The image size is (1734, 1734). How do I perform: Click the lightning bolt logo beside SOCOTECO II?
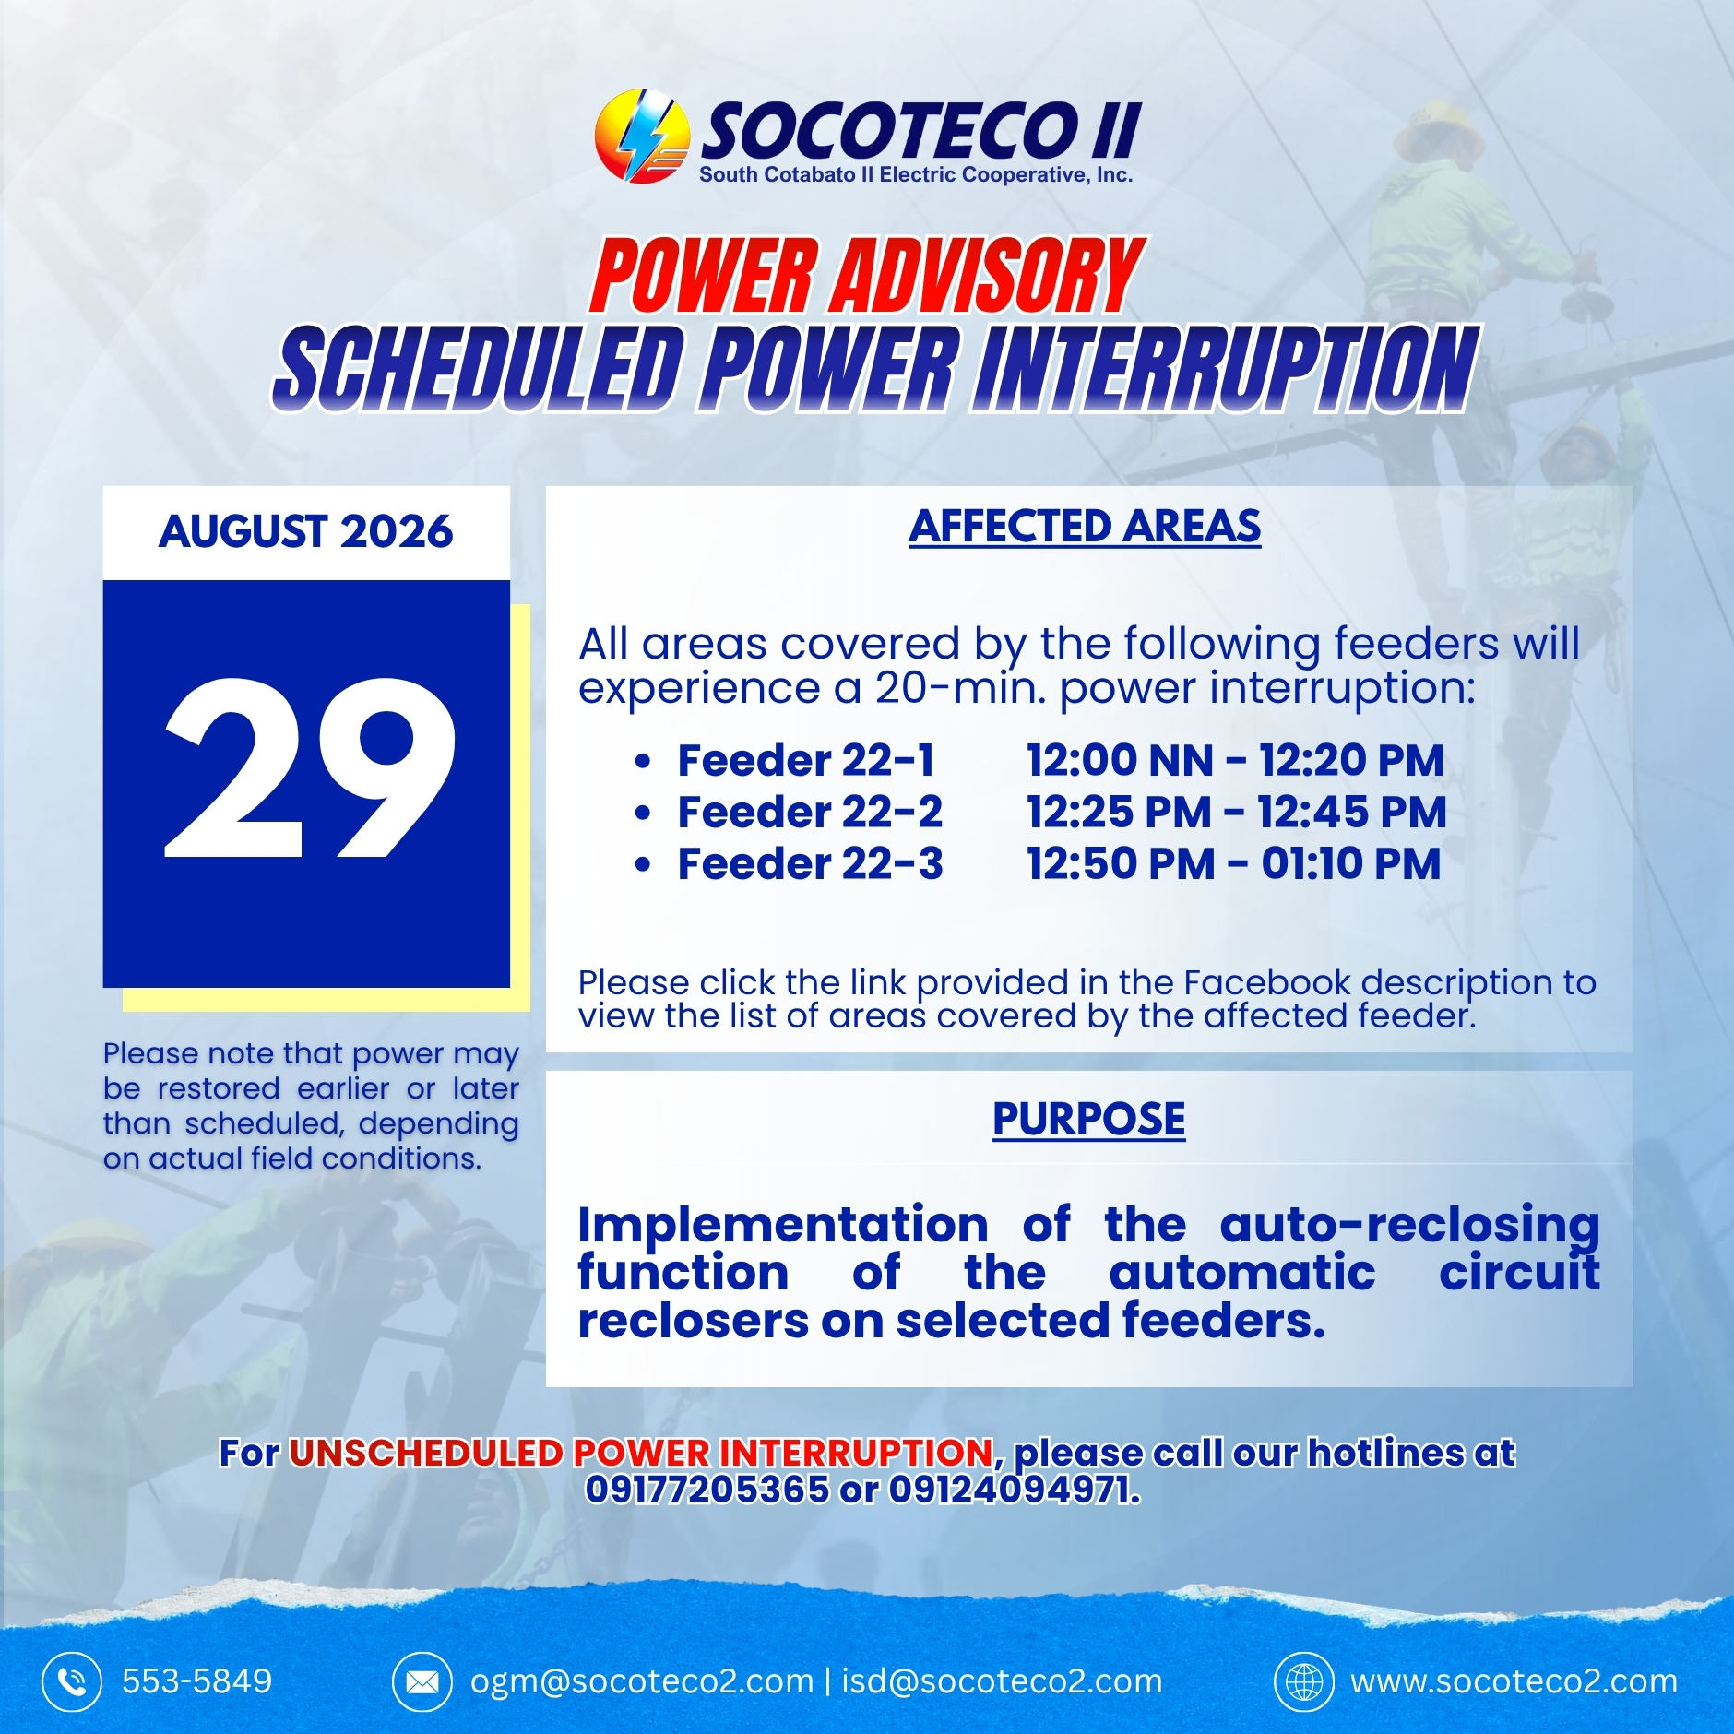coord(642,136)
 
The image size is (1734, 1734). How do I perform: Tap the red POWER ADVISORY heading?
coord(867,276)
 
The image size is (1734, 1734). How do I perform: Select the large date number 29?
coord(310,767)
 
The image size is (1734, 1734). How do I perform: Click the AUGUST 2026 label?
coord(306,531)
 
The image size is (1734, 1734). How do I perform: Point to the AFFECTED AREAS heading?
coord(1085,527)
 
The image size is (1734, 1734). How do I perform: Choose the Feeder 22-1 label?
coord(806,761)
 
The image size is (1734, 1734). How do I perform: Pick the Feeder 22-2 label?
coord(810,813)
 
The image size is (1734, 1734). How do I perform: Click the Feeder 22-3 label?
coord(810,864)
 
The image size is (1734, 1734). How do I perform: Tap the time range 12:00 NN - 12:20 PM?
coord(1236,761)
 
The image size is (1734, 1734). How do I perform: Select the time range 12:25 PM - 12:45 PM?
coord(1237,813)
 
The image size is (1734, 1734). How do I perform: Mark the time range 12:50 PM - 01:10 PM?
coord(1234,864)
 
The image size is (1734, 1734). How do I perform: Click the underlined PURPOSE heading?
coord(1089,1119)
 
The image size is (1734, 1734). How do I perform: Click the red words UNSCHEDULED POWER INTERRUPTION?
coord(641,1453)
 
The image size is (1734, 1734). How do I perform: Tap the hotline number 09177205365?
coord(707,1489)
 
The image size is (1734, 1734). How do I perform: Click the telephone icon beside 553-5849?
coord(72,1682)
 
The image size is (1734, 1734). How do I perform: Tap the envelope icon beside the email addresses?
coord(422,1682)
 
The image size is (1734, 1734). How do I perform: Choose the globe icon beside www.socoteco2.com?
coord(1304,1682)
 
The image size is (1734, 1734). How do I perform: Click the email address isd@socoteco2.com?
coord(1003,1681)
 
